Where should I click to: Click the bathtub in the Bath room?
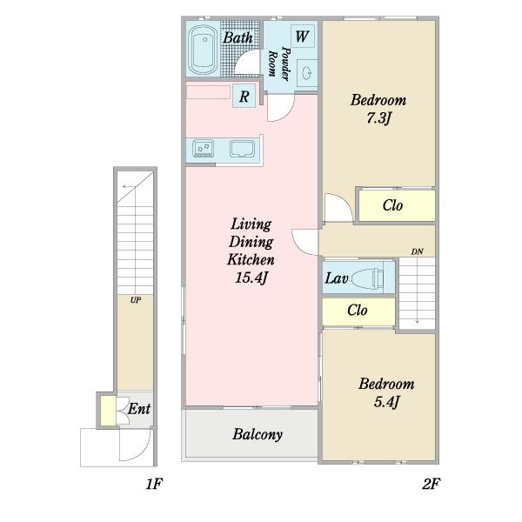click(203, 50)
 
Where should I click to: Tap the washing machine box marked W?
click(302, 36)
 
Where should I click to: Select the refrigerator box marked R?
click(244, 97)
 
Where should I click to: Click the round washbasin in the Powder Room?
click(306, 72)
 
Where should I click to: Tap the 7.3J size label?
click(378, 118)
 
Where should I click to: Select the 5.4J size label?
click(386, 402)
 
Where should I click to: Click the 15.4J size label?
click(251, 278)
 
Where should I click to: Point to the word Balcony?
click(258, 434)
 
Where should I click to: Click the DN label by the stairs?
click(417, 251)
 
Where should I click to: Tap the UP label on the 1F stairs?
click(136, 300)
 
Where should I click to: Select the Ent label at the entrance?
click(139, 409)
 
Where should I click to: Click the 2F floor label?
click(432, 484)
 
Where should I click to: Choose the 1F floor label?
click(154, 484)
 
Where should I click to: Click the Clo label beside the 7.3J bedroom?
click(393, 205)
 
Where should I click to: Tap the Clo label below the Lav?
click(358, 311)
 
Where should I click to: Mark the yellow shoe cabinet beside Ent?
click(108, 411)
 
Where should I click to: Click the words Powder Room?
click(279, 64)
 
